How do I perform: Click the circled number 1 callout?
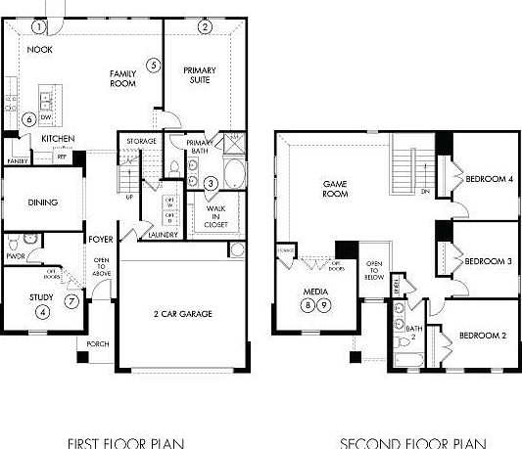pos(39,26)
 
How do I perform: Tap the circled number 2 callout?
pos(205,26)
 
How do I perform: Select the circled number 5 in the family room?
pos(153,66)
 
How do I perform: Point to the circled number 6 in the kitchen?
pos(29,119)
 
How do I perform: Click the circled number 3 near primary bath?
pos(212,183)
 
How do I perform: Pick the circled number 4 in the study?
pos(42,312)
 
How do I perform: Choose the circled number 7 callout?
pos(71,300)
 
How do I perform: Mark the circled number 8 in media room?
pos(307,305)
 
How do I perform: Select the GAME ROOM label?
pos(336,188)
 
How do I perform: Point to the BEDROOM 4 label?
pos(489,179)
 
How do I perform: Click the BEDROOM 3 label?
pos(489,261)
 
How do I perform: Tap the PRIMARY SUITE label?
pos(200,76)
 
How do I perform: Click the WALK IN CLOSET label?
pos(217,215)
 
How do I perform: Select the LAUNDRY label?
pos(164,235)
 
